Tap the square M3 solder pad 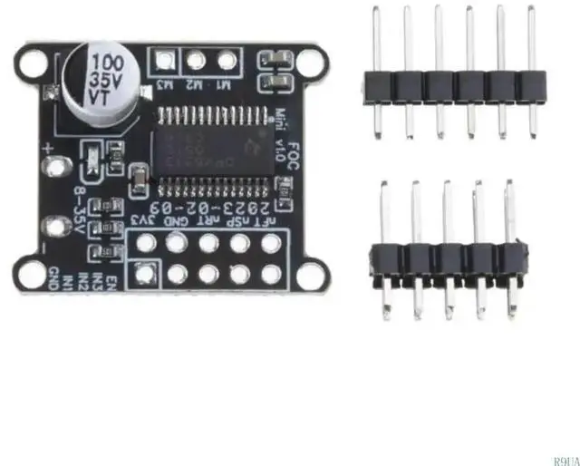pyautogui.click(x=165, y=62)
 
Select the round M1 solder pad pyautogui.click(x=227, y=62)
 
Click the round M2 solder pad pyautogui.click(x=197, y=62)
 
